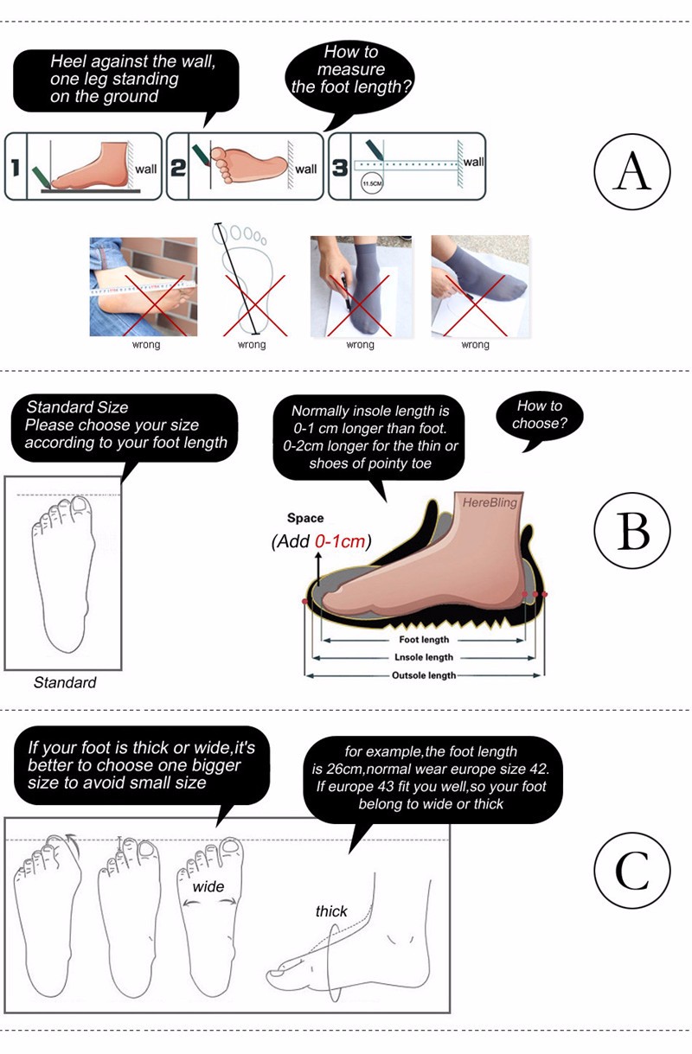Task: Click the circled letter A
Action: pos(631,171)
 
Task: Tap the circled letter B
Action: pos(631,530)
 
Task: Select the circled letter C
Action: pos(631,870)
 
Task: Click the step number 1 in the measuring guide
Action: pos(16,168)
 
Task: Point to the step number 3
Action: pos(340,168)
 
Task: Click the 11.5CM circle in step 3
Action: pos(372,183)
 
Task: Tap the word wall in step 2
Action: pos(306,169)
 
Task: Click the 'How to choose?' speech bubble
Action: pos(540,418)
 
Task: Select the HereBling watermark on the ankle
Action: pos(490,502)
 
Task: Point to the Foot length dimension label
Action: pos(424,640)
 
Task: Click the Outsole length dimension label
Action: pos(424,675)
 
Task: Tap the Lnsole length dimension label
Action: pos(424,657)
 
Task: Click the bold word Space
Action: pos(305,518)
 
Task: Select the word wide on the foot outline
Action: pos(208,887)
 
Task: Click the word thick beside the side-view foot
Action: pos(331,911)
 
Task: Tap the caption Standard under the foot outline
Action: pos(65,682)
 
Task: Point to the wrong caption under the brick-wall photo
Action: pos(146,344)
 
